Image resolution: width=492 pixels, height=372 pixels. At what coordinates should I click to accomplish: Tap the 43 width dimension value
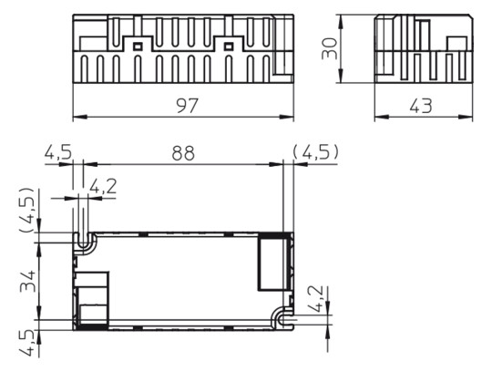point(420,105)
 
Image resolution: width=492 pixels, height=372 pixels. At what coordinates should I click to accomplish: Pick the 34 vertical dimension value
point(31,281)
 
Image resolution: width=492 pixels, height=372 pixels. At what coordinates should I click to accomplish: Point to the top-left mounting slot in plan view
point(86,241)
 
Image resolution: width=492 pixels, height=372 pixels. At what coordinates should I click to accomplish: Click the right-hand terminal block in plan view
point(272,263)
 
